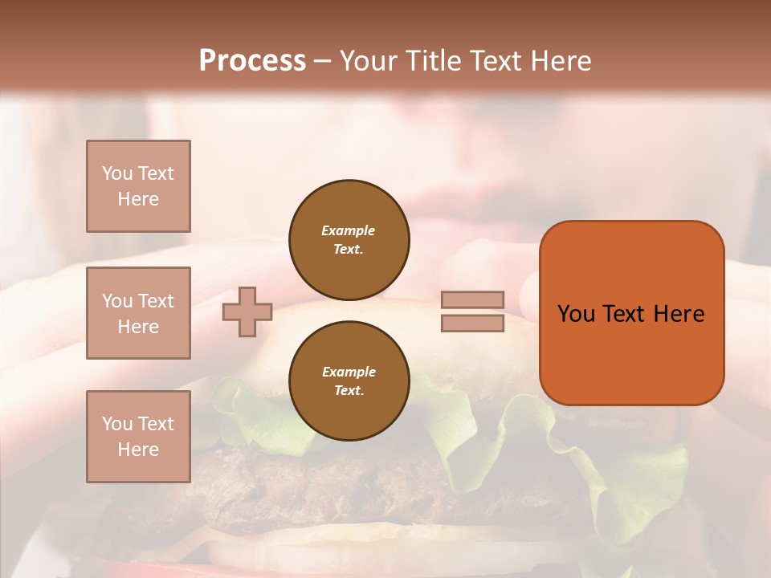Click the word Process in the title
252,61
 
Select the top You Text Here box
138,186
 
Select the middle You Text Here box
138,313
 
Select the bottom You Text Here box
138,436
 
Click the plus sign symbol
247,311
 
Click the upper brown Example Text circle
349,240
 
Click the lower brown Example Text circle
349,381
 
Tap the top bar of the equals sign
472,300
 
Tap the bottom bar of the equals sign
472,323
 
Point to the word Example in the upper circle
349,231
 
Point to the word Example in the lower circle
349,372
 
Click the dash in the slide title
322,61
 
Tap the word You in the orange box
576,314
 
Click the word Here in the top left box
138,199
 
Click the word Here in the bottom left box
138,450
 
